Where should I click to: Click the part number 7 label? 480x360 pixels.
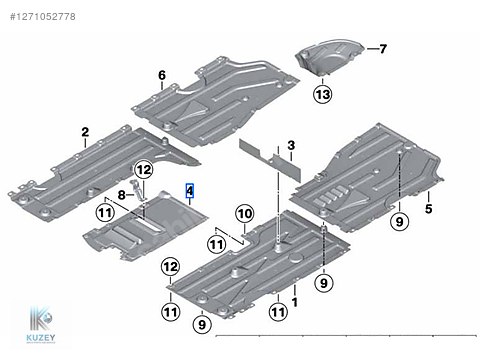(383, 49)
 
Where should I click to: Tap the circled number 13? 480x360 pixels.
(323, 94)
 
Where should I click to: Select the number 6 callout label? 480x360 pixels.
(162, 75)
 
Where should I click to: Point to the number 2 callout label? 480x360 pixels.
(85, 132)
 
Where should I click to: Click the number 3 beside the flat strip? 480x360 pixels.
(291, 145)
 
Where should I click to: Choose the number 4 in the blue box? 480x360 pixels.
(190, 191)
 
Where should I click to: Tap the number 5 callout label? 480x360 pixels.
(429, 209)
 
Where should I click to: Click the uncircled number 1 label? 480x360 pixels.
(295, 302)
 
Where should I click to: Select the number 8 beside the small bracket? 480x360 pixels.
(121, 195)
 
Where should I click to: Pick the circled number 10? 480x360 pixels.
(245, 214)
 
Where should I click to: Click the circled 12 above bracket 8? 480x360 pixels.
(144, 170)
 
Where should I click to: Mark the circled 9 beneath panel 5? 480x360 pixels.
(399, 221)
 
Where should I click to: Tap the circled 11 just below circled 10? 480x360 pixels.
(216, 245)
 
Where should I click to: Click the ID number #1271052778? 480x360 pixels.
(43, 17)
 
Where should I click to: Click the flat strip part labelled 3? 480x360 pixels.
(270, 161)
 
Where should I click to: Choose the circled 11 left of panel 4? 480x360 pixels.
(105, 213)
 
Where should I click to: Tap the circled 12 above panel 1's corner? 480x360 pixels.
(170, 267)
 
